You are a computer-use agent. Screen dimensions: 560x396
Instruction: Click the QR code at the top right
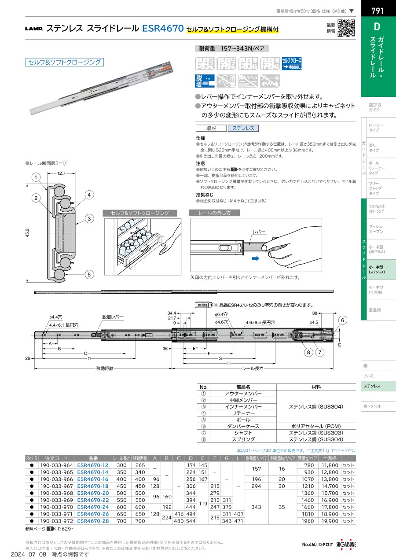point(347,29)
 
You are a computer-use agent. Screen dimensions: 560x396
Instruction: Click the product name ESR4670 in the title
point(163,29)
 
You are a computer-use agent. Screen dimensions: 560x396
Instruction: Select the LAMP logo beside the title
point(33,29)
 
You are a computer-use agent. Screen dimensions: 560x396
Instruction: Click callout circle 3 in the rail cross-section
point(88,219)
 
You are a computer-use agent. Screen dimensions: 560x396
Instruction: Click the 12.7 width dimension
point(61,173)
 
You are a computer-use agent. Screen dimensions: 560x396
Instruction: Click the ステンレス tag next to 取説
point(243,128)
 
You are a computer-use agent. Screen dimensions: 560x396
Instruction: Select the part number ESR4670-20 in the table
point(92,493)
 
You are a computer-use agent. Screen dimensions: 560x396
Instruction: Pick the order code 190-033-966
point(56,479)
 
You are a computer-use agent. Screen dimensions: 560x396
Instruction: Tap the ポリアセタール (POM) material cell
point(316,426)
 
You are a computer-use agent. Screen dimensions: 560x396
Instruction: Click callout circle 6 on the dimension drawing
point(344,320)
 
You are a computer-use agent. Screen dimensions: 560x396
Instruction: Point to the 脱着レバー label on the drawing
point(113,317)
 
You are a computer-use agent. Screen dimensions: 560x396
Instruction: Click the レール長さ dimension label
point(253,368)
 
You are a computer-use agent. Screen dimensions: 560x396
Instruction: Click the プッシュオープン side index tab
point(376,228)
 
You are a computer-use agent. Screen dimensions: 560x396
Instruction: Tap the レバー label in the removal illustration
point(258,231)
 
